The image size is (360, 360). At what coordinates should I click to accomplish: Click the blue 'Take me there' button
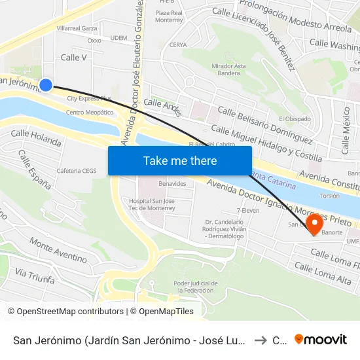(x=180, y=160)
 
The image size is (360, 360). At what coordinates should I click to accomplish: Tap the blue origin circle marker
(x=46, y=84)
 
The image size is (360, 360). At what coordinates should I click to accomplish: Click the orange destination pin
(x=315, y=225)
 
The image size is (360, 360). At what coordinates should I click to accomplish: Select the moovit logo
(x=321, y=340)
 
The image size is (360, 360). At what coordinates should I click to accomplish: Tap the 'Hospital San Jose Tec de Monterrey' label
(x=152, y=204)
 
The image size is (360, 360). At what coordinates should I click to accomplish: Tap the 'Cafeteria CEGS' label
(x=77, y=171)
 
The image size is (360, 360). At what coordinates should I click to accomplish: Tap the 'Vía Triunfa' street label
(x=35, y=275)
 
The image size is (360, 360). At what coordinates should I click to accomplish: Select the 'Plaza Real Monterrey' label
(x=169, y=16)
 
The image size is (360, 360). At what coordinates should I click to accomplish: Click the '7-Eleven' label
(x=249, y=211)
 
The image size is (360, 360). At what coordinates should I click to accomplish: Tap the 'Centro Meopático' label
(x=90, y=112)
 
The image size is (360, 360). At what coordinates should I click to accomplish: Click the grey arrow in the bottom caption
(x=259, y=340)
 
